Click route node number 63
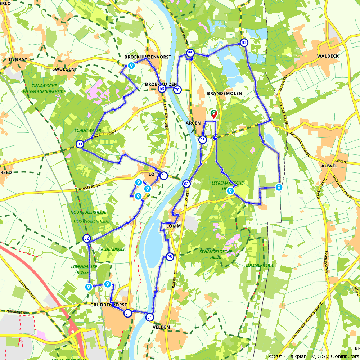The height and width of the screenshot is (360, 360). [x=244, y=43]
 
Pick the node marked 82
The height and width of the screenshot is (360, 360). [x=86, y=238]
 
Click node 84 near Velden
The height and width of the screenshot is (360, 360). [x=150, y=317]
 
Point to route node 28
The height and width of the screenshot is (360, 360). [x=170, y=257]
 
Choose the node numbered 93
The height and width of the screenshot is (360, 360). [x=203, y=140]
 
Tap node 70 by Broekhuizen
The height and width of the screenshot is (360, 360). [x=177, y=89]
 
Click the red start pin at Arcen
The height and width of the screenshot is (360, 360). [x=214, y=114]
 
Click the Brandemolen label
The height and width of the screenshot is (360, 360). [x=225, y=93]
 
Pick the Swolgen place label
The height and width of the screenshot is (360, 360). [x=63, y=69]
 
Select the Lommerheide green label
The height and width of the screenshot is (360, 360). [x=260, y=265]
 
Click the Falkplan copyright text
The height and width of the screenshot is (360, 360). [x=314, y=356]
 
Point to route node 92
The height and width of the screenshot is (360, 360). [x=186, y=183]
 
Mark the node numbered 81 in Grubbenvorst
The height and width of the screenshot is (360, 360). [x=127, y=314]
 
